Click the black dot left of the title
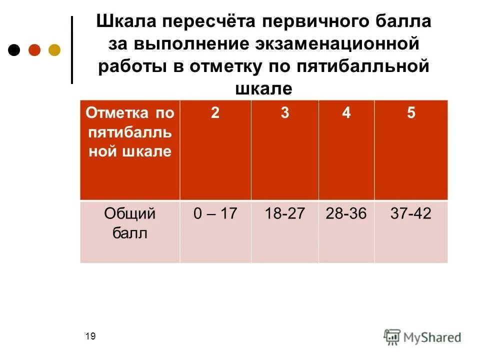pyautogui.click(x=14, y=50)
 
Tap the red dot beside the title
pyautogui.click(x=34, y=50)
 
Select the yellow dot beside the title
pyautogui.click(x=54, y=50)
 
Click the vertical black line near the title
pyautogui.click(x=72, y=50)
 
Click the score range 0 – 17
pyautogui.click(x=215, y=214)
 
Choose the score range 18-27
pyautogui.click(x=284, y=214)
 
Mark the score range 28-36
pyautogui.click(x=346, y=214)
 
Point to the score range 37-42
pyautogui.click(x=410, y=214)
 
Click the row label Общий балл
pyautogui.click(x=129, y=223)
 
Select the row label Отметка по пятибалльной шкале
pyautogui.click(x=129, y=132)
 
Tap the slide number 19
pyautogui.click(x=90, y=336)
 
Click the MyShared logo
pyautogui.click(x=422, y=336)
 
